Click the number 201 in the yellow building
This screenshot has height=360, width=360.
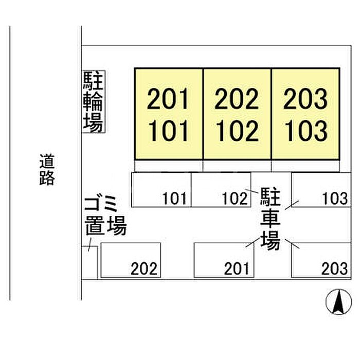[168, 99]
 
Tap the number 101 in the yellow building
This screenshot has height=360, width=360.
[168, 131]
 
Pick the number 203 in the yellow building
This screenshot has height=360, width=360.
[305, 99]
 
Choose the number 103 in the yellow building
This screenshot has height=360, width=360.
[305, 131]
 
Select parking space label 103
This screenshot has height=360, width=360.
[335, 198]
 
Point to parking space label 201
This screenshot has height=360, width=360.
[237, 268]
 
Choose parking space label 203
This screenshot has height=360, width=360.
[335, 268]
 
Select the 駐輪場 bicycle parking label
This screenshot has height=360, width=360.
[93, 102]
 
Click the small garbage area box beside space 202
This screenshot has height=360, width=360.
[89, 262]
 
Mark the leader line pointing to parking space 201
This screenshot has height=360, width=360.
[250, 243]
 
